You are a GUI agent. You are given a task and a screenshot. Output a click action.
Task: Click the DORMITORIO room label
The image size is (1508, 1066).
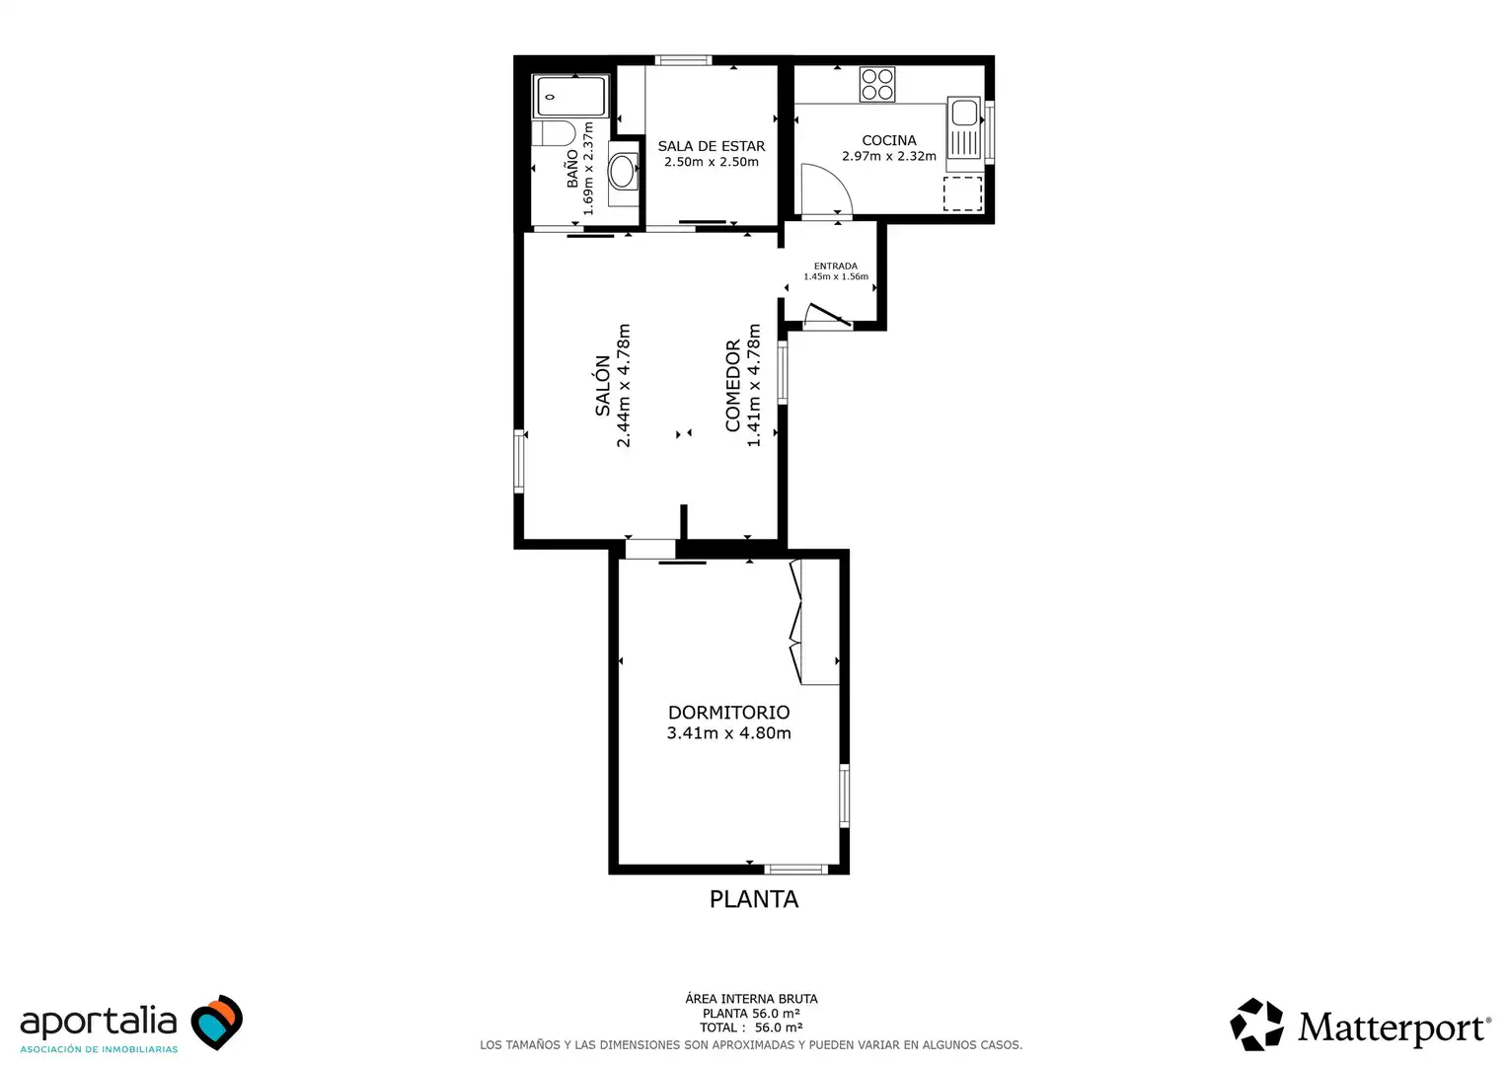coord(728,712)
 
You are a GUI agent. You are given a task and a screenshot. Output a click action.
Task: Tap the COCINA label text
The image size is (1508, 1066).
coord(888,140)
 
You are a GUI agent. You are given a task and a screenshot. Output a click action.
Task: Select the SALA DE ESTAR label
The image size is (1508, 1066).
coord(711,146)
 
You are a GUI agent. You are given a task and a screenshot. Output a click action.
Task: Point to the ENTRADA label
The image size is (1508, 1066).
coord(836,266)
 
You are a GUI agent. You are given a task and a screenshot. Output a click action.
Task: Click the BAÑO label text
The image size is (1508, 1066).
coord(572,169)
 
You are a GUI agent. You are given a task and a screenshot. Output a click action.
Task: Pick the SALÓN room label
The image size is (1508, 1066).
coord(603,385)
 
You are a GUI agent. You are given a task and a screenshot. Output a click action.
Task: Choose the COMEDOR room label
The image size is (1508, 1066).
coord(732,385)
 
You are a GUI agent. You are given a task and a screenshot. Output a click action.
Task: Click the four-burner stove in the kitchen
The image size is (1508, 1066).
coord(877,84)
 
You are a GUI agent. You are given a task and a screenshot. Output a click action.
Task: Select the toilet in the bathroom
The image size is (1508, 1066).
coord(554,133)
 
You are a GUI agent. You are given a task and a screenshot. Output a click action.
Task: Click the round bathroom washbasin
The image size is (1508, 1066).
coord(623,172)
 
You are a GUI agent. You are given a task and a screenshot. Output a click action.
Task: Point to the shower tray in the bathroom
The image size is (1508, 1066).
coord(570,97)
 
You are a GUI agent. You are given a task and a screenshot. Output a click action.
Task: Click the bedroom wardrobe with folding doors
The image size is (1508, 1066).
coord(814,622)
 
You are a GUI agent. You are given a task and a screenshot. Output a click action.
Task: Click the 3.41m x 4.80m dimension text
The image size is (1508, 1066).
coord(728,733)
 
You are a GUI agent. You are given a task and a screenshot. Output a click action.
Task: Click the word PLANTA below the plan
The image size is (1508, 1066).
coord(754,899)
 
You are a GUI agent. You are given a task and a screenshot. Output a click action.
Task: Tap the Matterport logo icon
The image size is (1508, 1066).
coord(1256,1025)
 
